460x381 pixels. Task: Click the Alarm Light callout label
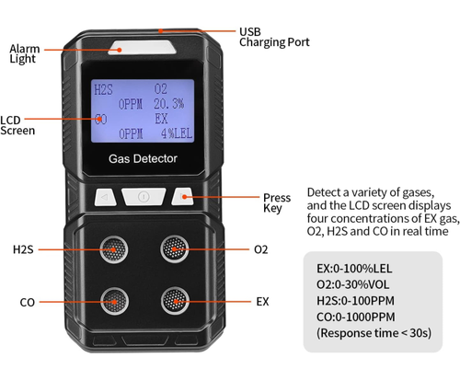click(x=24, y=54)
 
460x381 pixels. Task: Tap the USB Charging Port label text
click(x=274, y=36)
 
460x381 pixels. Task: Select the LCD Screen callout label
click(x=17, y=124)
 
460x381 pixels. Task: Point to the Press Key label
click(x=276, y=203)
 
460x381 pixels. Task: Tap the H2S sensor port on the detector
click(x=115, y=248)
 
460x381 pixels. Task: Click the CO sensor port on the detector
click(x=115, y=300)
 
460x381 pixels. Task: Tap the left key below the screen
click(x=107, y=196)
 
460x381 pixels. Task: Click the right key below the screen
click(x=183, y=196)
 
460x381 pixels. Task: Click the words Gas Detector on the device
click(x=143, y=158)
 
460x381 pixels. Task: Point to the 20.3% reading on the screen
click(x=167, y=104)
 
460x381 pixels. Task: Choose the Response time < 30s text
click(x=374, y=333)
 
